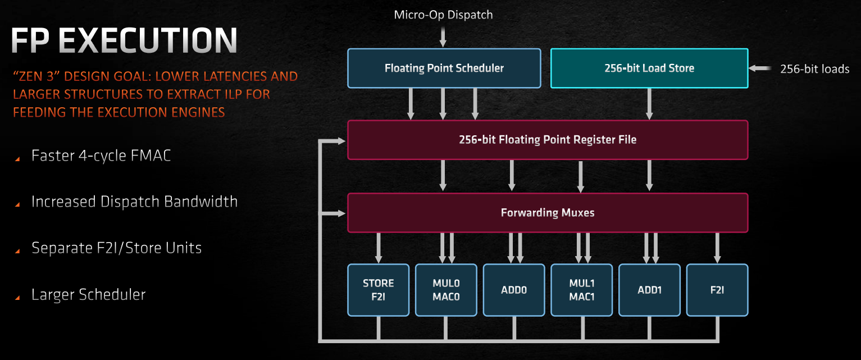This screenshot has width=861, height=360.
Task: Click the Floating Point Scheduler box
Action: tap(444, 69)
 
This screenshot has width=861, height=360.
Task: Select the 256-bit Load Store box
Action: tap(649, 69)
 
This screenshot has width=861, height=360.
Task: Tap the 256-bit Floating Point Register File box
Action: tap(548, 140)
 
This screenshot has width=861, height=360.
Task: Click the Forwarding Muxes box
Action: tap(548, 213)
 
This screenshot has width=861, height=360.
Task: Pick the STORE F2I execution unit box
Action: tap(378, 290)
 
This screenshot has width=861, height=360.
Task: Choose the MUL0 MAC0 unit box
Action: tap(446, 290)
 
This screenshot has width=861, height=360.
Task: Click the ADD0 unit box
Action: tap(514, 290)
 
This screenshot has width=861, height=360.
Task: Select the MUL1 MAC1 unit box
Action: tap(581, 290)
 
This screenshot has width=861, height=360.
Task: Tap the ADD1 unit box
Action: tap(649, 290)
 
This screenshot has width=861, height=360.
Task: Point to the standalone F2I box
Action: tap(717, 290)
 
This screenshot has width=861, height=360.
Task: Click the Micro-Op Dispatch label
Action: tap(443, 15)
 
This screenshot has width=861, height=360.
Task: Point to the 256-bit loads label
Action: tap(814, 69)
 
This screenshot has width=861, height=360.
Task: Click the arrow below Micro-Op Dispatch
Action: tap(443, 37)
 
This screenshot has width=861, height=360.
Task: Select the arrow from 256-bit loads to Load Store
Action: tap(760, 69)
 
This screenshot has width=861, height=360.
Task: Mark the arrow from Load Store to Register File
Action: tap(649, 104)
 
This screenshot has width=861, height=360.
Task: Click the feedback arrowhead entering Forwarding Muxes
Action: tap(341, 213)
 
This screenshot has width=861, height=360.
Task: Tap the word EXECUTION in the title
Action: tap(148, 40)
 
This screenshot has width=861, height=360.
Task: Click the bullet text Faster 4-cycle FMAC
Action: tap(101, 156)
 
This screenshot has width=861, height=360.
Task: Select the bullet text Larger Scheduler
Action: tap(88, 295)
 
